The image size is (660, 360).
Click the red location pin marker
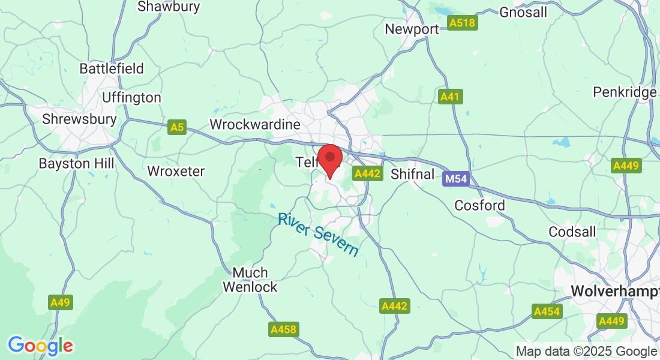pyautogui.click(x=329, y=159)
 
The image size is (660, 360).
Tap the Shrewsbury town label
pyautogui.click(x=79, y=119)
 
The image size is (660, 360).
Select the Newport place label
pyautogui.click(x=412, y=29)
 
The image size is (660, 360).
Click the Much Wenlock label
pyautogui.click(x=250, y=280)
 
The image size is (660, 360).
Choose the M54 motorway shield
pyautogui.click(x=455, y=179)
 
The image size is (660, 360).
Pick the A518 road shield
pyautogui.click(x=462, y=23)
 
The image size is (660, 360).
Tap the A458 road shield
pyautogui.click(x=283, y=329)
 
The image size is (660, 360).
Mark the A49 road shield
pyautogui.click(x=61, y=302)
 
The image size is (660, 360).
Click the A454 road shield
pyautogui.click(x=547, y=311)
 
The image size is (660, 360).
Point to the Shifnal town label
pyautogui.click(x=412, y=174)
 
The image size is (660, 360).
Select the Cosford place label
pyautogui.click(x=479, y=205)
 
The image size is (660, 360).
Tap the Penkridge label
pyautogui.click(x=625, y=92)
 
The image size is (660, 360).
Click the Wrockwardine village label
pyautogui.click(x=254, y=125)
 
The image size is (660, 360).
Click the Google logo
pyautogui.click(x=40, y=346)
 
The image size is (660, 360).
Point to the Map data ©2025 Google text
pyautogui.click(x=586, y=351)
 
